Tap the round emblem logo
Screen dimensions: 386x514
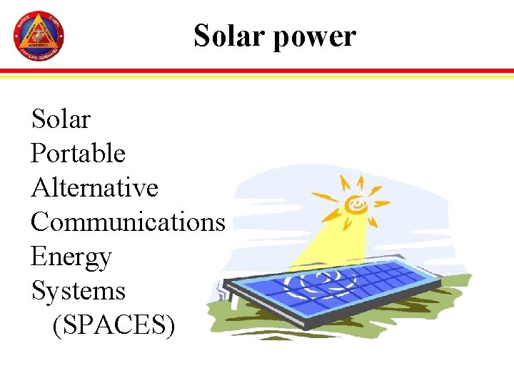pos(39,36)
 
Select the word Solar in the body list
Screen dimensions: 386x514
pos(61,119)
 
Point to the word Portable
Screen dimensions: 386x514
pos(78,153)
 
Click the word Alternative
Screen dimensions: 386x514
pos(94,187)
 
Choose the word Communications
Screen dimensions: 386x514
pos(128,222)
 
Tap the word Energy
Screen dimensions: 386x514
pos(71,257)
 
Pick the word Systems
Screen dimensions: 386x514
pos(78,290)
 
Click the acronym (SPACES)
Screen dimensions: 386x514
pos(114,325)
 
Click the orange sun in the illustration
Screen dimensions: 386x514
pos(355,205)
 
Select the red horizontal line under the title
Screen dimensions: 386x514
pos(257,71)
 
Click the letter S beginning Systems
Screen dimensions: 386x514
pos(38,290)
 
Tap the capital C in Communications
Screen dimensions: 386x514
pos(40,222)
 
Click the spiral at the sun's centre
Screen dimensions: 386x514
pos(355,206)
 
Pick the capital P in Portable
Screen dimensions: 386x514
pos(39,153)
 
